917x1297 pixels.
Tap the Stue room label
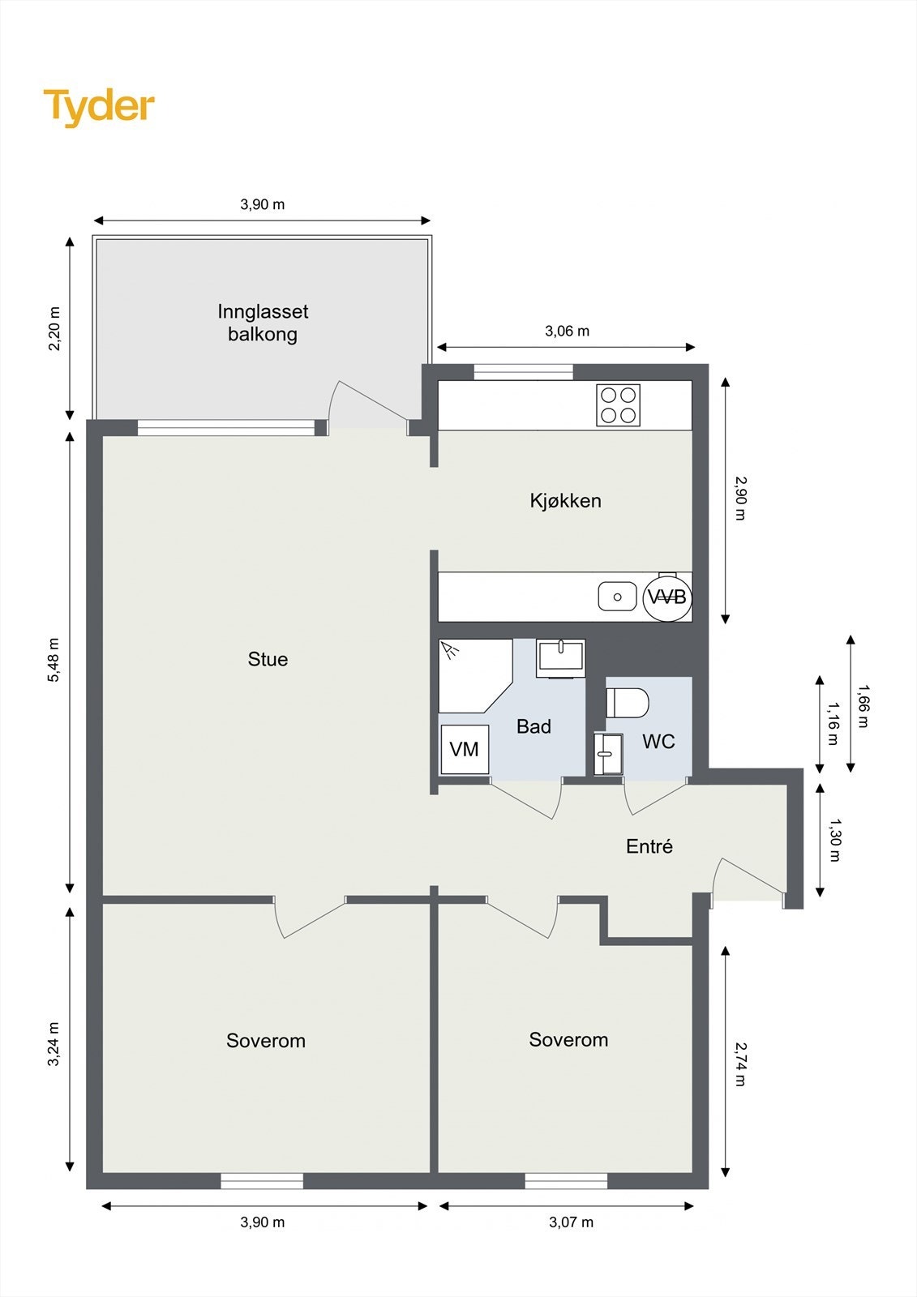tap(268, 659)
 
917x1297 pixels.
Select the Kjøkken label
tap(565, 500)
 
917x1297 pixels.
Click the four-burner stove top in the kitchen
tap(618, 405)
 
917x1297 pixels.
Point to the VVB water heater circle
tap(666, 597)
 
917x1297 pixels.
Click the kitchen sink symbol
tap(618, 597)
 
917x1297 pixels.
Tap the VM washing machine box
tap(464, 749)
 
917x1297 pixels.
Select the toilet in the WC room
tap(628, 702)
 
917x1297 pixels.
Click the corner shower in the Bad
tap(475, 676)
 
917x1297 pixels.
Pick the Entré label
tap(649, 846)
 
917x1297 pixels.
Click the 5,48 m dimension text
tap(54, 660)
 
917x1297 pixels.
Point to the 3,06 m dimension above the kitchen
tap(567, 332)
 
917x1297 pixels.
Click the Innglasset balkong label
tap(263, 323)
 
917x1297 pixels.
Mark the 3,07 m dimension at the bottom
tap(571, 1222)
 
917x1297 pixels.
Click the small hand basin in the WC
tap(608, 754)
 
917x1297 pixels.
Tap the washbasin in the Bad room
tap(561, 657)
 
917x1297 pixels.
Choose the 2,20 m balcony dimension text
tap(54, 328)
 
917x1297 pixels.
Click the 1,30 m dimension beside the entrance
tap(834, 840)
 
